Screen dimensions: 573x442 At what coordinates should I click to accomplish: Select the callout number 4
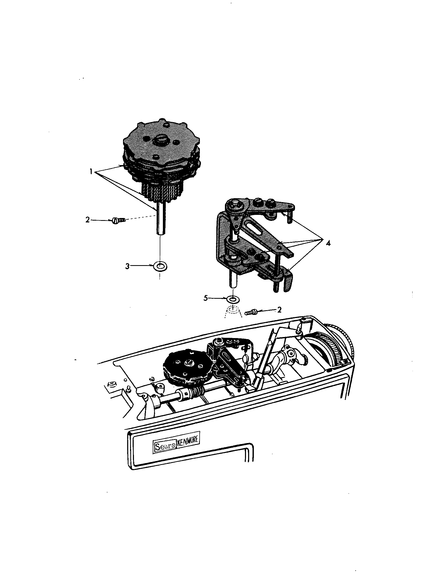click(328, 243)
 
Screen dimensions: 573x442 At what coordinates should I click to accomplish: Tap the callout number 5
click(206, 298)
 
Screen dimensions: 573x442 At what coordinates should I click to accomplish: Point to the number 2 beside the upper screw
click(87, 220)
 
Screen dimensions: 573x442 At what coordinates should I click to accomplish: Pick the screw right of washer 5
click(251, 312)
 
